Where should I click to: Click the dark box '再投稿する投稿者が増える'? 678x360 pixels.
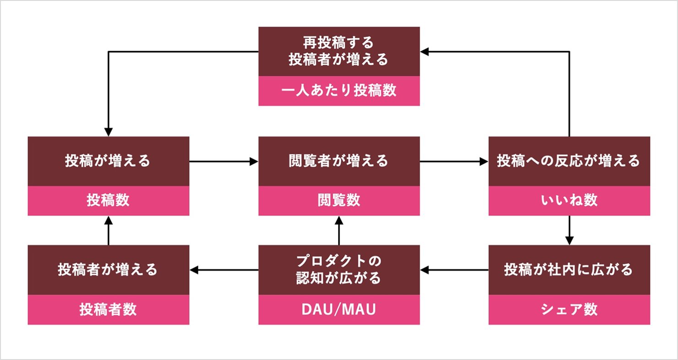(x=339, y=51)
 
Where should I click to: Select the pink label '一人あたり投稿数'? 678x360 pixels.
(x=339, y=91)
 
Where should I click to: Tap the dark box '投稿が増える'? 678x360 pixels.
(x=108, y=161)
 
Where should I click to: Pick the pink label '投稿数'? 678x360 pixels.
(x=108, y=201)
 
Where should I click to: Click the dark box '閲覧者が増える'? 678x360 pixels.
(x=339, y=161)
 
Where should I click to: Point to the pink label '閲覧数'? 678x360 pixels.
(x=339, y=201)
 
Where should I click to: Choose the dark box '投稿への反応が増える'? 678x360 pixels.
(x=569, y=161)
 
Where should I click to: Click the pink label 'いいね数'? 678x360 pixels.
(x=569, y=201)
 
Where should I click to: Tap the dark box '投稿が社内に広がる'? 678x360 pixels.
(x=569, y=270)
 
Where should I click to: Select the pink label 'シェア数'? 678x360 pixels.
(x=569, y=310)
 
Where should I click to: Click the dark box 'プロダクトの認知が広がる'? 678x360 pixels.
(x=339, y=270)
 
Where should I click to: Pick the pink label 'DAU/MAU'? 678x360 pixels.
(x=339, y=310)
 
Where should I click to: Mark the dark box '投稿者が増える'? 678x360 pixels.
(x=108, y=270)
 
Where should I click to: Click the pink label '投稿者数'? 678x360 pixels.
(x=108, y=310)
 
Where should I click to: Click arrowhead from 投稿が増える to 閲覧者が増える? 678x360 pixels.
(x=254, y=161)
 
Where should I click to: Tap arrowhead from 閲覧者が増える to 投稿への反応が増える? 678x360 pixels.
(x=484, y=161)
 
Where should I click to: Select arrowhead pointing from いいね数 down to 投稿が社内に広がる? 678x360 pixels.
(x=569, y=241)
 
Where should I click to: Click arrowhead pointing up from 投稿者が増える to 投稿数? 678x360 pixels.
(x=108, y=220)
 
